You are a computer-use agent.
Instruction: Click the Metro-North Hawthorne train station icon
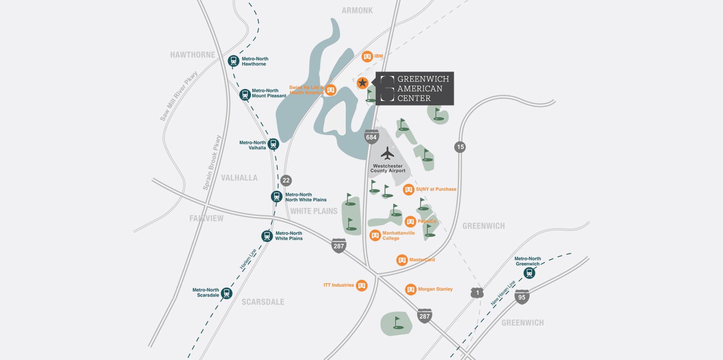pyautogui.click(x=233, y=61)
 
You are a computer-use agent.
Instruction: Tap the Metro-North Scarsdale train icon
pyautogui.click(x=226, y=293)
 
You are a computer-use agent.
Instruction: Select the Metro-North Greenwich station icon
pyautogui.click(x=529, y=273)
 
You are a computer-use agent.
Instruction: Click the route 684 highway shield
pyautogui.click(x=371, y=137)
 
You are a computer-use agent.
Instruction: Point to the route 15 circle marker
pyautogui.click(x=460, y=147)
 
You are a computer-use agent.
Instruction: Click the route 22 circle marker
pyautogui.click(x=286, y=181)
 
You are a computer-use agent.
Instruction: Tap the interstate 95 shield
pyautogui.click(x=522, y=297)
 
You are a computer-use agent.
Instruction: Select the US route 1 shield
pyautogui.click(x=477, y=293)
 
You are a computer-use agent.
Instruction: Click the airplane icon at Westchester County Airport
pyautogui.click(x=387, y=153)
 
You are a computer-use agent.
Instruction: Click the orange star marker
pyautogui.click(x=362, y=83)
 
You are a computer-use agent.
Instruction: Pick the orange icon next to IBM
pyautogui.click(x=367, y=57)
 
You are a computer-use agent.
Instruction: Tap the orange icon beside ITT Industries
pyautogui.click(x=361, y=286)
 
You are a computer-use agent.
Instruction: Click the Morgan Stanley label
pyautogui.click(x=435, y=289)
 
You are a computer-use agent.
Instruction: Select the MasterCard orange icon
pyautogui.click(x=402, y=260)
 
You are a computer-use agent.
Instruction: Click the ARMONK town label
pyautogui.click(x=357, y=11)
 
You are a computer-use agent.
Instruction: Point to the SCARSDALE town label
pyautogui.click(x=263, y=302)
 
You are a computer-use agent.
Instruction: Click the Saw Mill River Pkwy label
pyautogui.click(x=178, y=96)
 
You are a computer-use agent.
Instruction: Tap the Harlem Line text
pyautogui.click(x=248, y=259)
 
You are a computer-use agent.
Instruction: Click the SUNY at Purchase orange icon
pyautogui.click(x=408, y=190)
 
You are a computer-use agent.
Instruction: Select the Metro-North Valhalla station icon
pyautogui.click(x=273, y=144)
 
